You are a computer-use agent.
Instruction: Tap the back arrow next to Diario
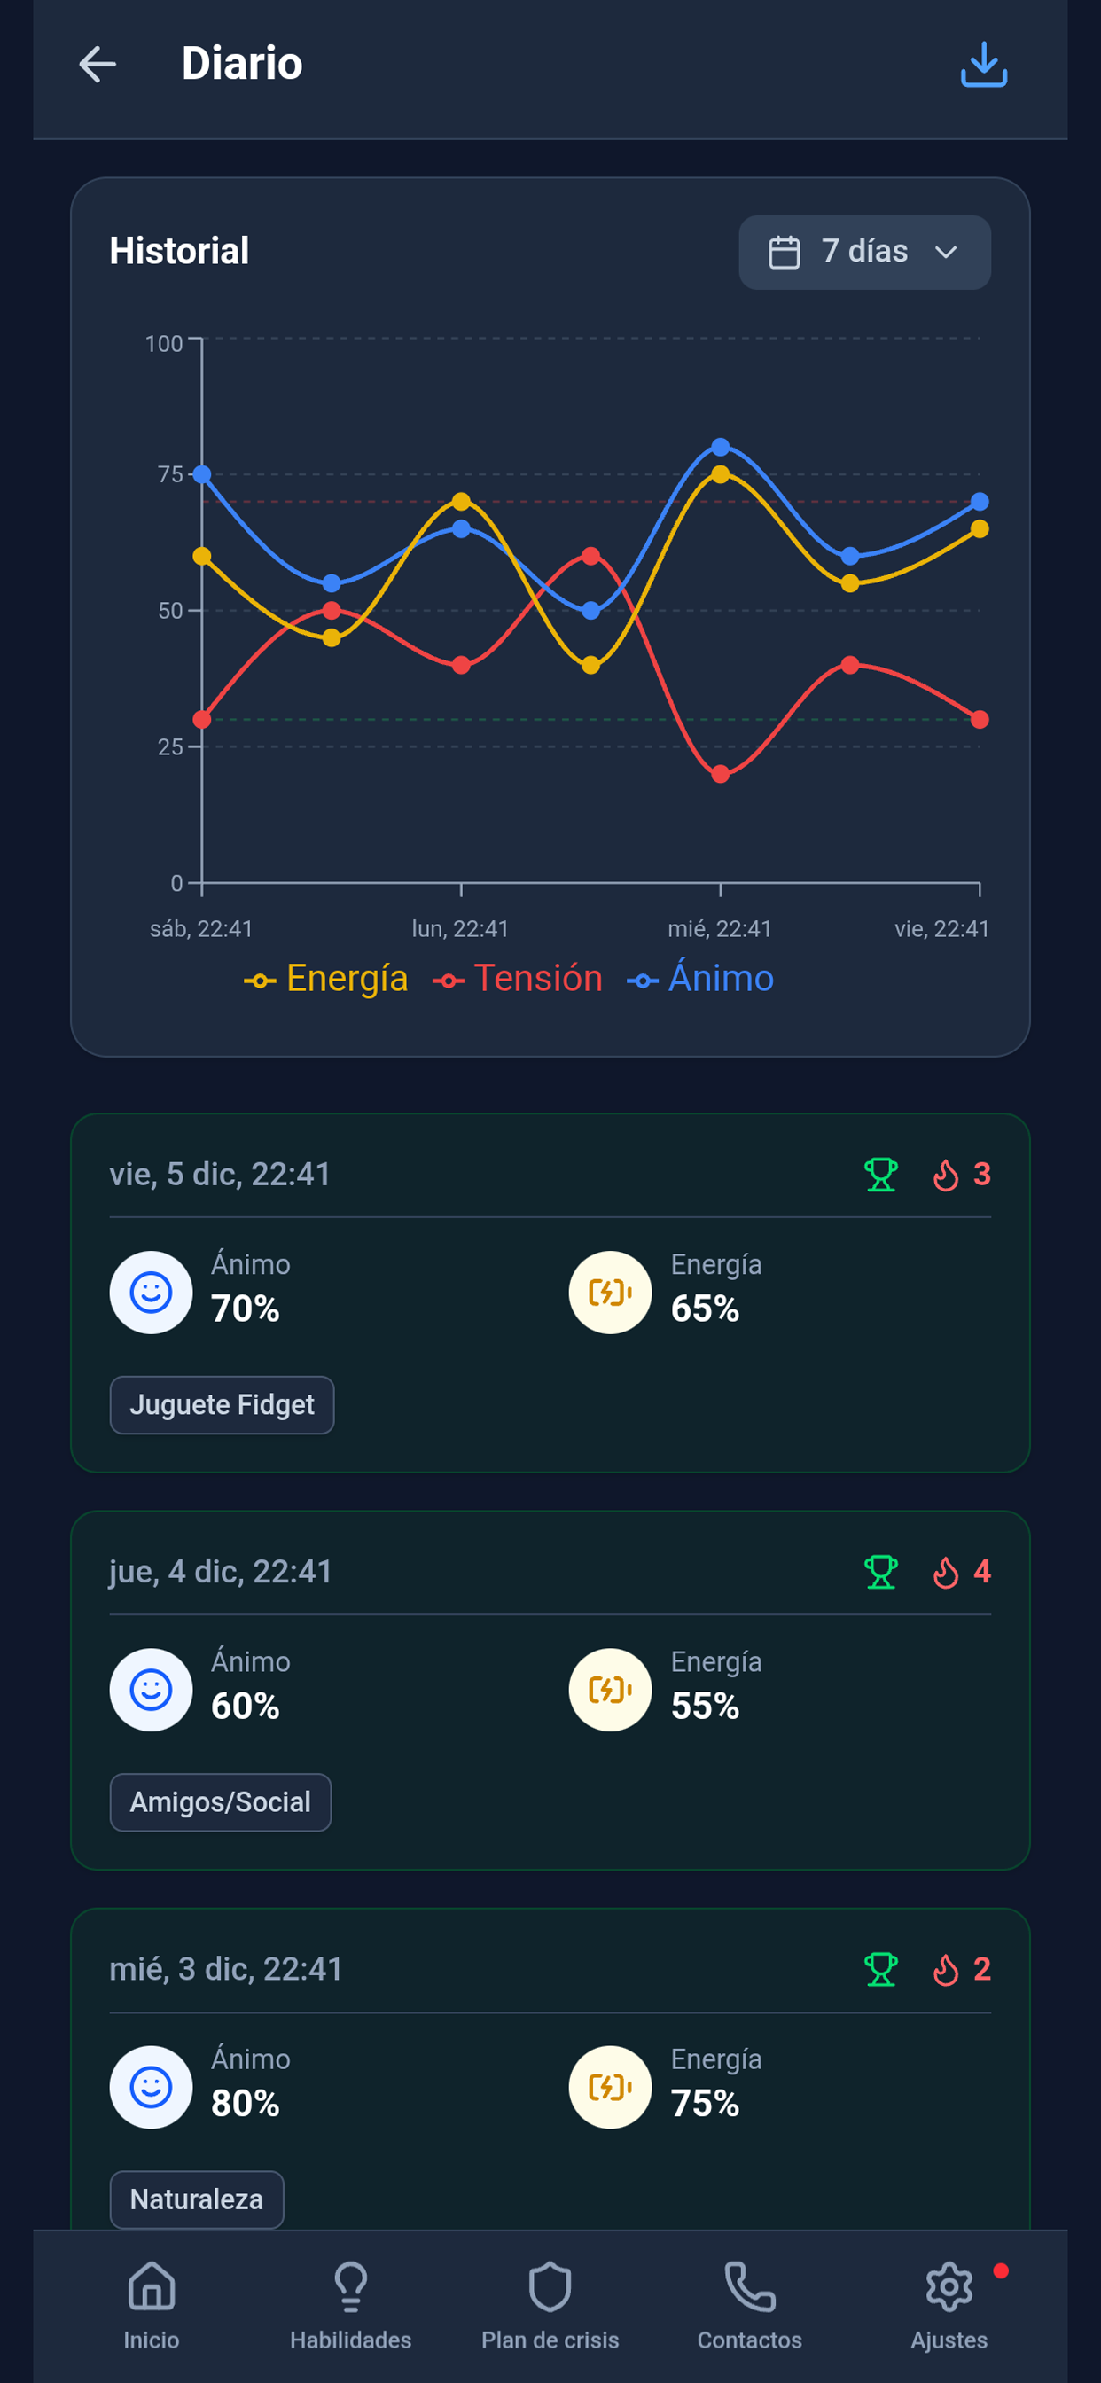(98, 64)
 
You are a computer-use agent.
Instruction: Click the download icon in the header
(983, 65)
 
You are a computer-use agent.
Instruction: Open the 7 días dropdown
(864, 252)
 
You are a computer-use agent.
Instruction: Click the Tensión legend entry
(518, 979)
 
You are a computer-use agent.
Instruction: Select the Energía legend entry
(326, 979)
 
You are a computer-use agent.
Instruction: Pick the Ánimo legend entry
(700, 979)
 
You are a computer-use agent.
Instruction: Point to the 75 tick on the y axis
(170, 474)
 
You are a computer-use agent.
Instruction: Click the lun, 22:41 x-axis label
(460, 929)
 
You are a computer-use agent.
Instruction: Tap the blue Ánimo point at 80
(721, 447)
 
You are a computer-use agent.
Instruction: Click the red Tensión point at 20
(721, 774)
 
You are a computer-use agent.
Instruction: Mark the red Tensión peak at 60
(591, 556)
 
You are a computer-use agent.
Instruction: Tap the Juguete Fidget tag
(222, 1404)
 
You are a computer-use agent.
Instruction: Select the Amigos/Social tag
(220, 1802)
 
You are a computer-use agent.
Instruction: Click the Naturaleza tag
(196, 2199)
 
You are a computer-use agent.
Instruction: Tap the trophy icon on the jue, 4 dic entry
(881, 1572)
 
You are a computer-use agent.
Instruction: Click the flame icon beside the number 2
(946, 1970)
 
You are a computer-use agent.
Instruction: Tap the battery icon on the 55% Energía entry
(611, 1690)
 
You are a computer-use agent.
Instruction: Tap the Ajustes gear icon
(949, 2286)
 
